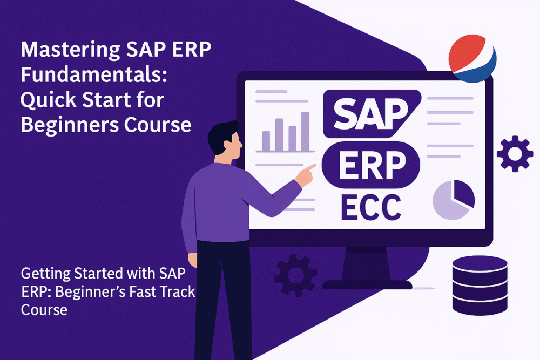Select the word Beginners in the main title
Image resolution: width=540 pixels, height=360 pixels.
69,125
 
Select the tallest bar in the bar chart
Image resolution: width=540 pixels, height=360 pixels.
305,131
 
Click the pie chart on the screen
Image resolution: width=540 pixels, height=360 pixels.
454,200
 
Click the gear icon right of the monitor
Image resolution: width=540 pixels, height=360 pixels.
515,153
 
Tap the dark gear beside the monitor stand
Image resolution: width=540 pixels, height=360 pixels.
295,276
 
